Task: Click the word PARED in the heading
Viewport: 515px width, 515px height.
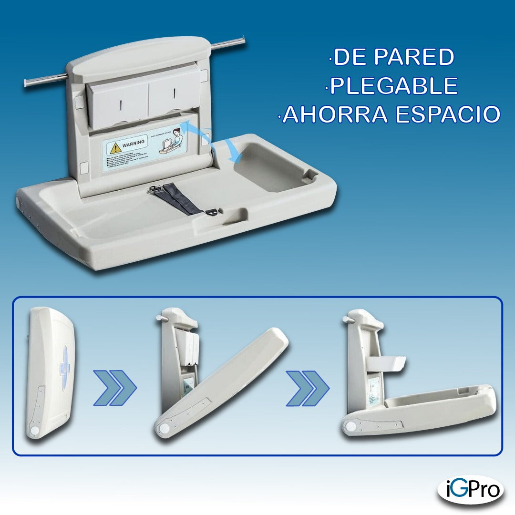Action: [413, 57]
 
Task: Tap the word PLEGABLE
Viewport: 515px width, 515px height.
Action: [394, 86]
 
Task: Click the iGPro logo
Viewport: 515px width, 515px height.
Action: [470, 490]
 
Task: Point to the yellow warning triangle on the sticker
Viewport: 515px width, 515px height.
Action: [113, 147]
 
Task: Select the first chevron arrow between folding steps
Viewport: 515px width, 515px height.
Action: [114, 388]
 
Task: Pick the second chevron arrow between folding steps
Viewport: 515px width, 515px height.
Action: [308, 388]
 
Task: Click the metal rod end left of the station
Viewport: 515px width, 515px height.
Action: [27, 84]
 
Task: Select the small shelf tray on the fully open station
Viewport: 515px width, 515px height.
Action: [387, 364]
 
